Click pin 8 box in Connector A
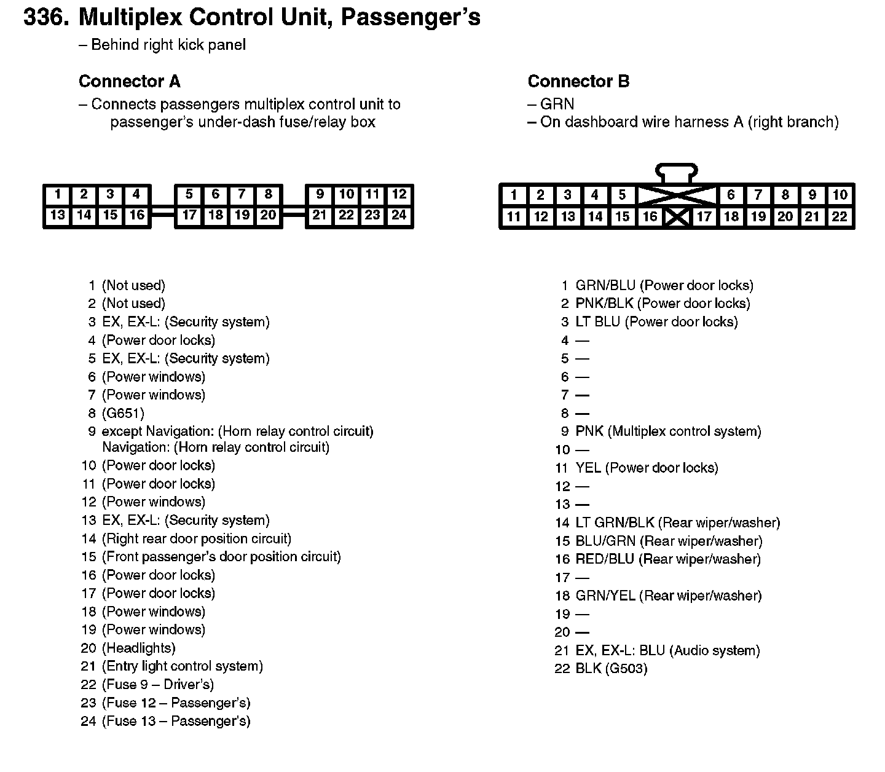click(269, 195)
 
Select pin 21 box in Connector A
click(320, 215)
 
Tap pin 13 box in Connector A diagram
click(57, 215)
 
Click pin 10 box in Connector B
click(840, 195)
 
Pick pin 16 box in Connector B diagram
click(650, 216)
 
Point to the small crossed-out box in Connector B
click(677, 217)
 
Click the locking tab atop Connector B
click(677, 172)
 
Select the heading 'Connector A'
click(130, 82)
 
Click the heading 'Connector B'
click(578, 82)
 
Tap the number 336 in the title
click(44, 18)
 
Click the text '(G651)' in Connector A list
click(123, 413)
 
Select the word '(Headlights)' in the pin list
click(139, 648)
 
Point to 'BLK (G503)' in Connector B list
click(611, 669)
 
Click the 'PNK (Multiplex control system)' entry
click(668, 431)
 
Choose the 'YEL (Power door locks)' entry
click(647, 468)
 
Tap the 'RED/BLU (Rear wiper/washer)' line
click(668, 559)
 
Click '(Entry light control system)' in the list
click(183, 666)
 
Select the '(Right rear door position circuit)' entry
click(197, 539)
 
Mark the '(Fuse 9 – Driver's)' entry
click(158, 685)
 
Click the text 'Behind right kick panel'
click(168, 45)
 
